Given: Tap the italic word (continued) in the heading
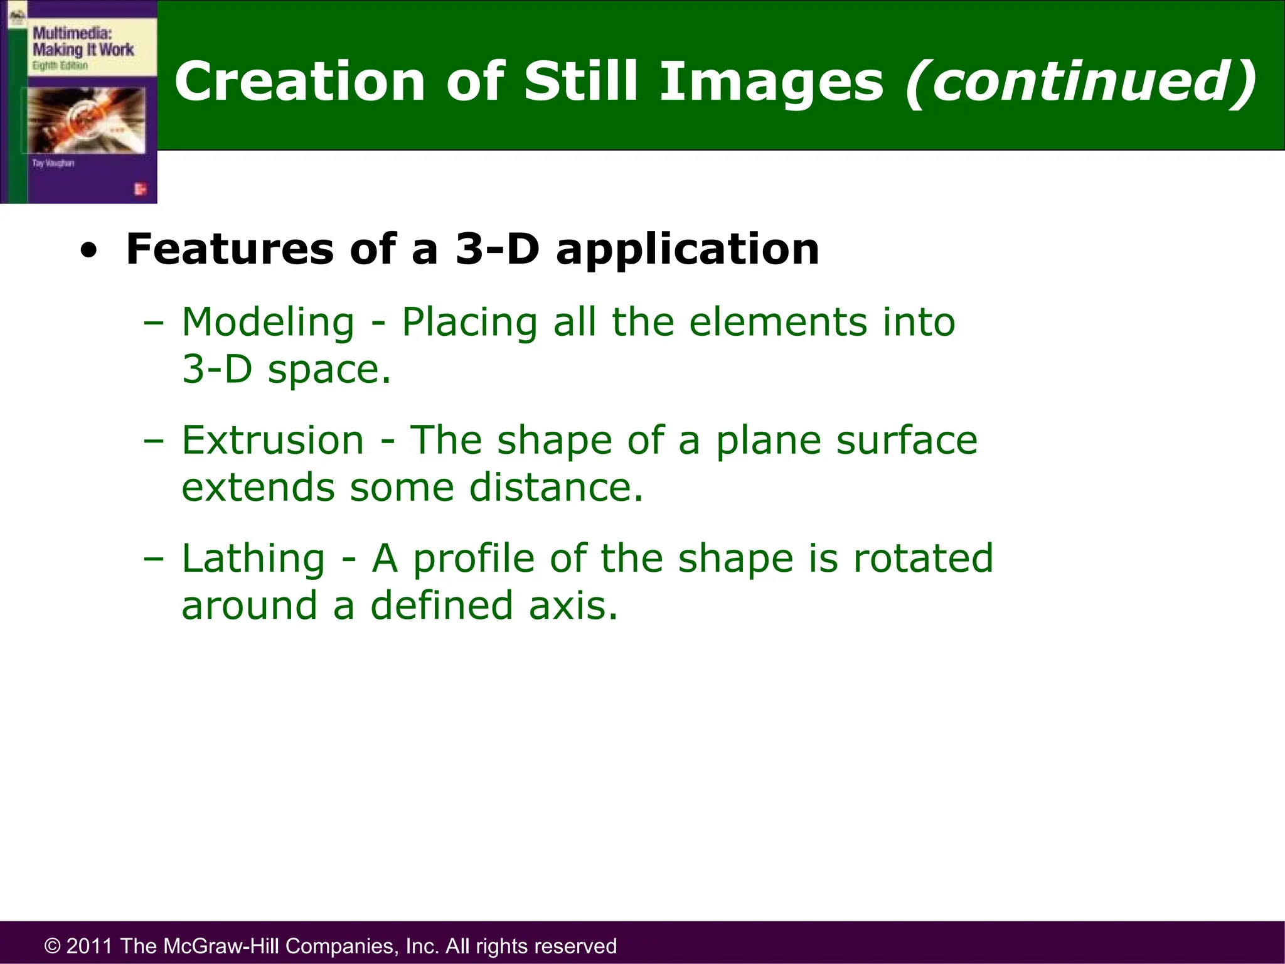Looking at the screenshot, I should coord(1080,82).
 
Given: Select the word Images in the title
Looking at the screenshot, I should coord(771,82).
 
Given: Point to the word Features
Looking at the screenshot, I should coord(230,249).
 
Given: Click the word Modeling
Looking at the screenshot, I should coord(268,323).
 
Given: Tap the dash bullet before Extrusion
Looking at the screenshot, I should coord(153,441).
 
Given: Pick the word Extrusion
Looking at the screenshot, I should coord(272,440).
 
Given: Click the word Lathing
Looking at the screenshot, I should coord(253,559).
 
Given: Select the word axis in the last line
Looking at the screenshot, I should coord(572,606).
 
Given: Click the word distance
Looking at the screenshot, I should coord(556,488).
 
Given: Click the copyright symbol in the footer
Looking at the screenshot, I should coord(53,946).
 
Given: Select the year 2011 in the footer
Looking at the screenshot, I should coord(89,946).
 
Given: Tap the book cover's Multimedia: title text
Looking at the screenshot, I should coord(72,33).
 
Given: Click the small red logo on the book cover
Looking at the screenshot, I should coord(140,189).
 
